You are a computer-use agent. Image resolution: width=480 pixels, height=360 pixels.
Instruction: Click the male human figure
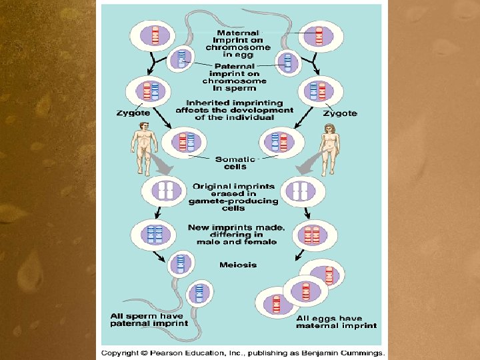(x=144, y=152)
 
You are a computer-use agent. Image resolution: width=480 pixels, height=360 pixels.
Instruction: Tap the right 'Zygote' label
(x=341, y=113)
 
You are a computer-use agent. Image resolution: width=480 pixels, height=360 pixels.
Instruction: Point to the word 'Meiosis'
(x=238, y=265)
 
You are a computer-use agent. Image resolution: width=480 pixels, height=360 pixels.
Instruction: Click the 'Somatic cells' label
(x=235, y=163)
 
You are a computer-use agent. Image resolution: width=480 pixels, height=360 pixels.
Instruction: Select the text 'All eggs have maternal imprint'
(x=336, y=322)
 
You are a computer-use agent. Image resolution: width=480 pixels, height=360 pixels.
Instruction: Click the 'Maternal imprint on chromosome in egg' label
(x=238, y=43)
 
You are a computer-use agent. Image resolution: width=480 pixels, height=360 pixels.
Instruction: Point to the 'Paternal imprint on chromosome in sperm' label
(x=231, y=76)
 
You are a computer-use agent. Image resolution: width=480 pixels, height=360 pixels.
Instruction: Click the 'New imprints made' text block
(x=236, y=234)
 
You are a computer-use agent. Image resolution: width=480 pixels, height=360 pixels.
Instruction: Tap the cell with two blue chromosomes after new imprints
(x=155, y=235)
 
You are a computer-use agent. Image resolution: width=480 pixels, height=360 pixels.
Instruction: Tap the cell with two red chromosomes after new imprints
(x=311, y=235)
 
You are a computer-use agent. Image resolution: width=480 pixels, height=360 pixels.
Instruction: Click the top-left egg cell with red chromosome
(x=155, y=35)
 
